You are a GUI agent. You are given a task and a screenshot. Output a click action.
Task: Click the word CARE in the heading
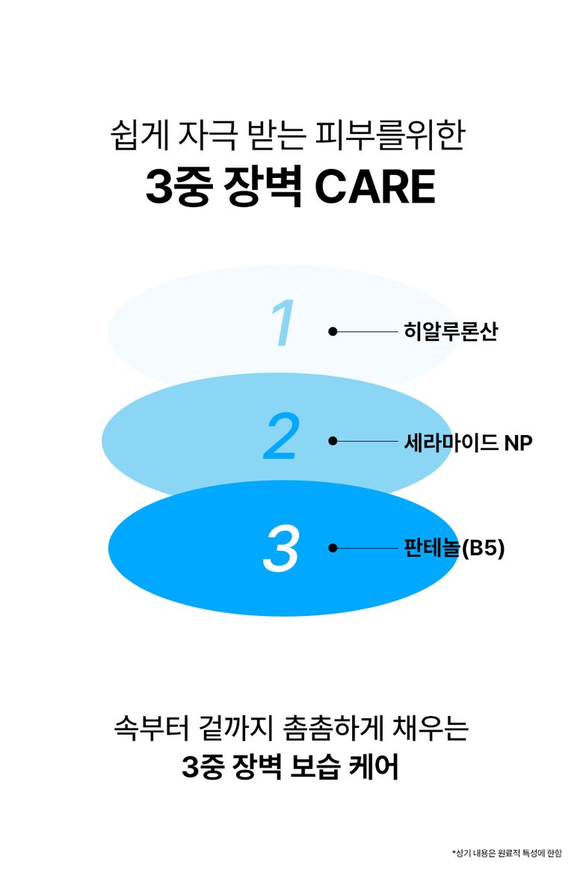pos(374,187)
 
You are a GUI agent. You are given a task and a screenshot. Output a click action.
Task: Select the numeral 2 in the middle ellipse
pos(280,437)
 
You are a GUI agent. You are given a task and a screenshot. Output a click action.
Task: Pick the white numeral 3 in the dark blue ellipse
pos(280,549)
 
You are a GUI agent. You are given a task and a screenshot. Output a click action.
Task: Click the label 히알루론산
pos(451,331)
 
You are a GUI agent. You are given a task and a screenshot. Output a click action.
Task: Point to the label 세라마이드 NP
pos(468,442)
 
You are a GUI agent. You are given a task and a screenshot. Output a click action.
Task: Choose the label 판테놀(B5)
pos(454,548)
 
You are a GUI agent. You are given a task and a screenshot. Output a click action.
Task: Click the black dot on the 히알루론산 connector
pos(333,332)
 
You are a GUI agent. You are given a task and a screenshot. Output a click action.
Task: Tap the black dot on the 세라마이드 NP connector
pos(333,441)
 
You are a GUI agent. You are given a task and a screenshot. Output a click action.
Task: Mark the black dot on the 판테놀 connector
pos(333,548)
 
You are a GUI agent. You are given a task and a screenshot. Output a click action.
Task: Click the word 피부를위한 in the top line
pos(390,135)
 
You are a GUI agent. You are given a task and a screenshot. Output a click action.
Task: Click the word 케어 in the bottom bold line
pos(374,767)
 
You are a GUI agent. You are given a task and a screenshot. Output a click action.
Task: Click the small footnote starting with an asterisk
pos(507,854)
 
